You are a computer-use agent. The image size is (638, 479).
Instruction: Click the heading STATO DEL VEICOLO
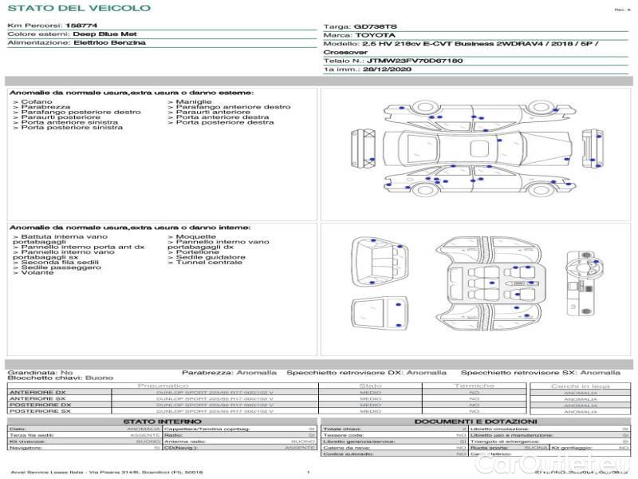tap(78, 8)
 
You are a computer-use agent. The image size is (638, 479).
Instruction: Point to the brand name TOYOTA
tap(374, 35)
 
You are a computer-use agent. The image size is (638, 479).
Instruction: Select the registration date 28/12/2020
tap(390, 69)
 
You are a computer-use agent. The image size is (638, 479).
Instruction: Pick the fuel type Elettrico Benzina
tap(109, 42)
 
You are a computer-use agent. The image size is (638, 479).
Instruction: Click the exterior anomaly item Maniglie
tap(194, 102)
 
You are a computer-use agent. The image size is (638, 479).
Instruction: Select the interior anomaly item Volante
tap(37, 273)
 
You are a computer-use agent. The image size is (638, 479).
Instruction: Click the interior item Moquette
tap(195, 237)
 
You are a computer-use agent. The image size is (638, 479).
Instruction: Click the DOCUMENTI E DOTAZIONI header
tap(475, 422)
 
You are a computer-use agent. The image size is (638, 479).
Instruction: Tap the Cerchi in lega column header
tap(580, 386)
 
